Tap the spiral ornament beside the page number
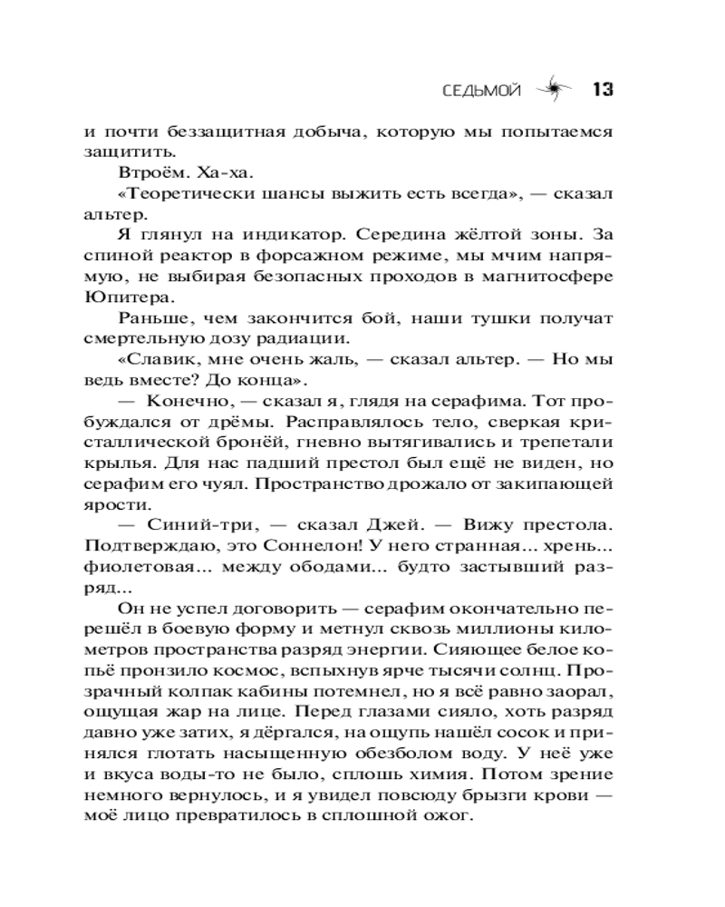click(551, 89)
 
